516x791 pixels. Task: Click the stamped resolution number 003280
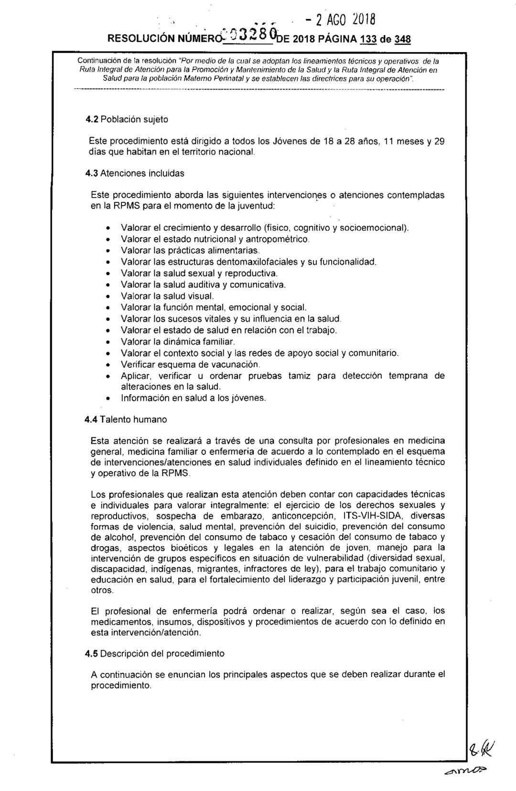tap(251, 36)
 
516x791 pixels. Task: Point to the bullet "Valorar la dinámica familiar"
tap(178, 342)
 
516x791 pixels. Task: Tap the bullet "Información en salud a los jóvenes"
tap(193, 398)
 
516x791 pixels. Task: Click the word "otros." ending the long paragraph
tap(102, 591)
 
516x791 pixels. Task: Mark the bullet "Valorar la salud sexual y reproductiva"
tap(199, 274)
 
